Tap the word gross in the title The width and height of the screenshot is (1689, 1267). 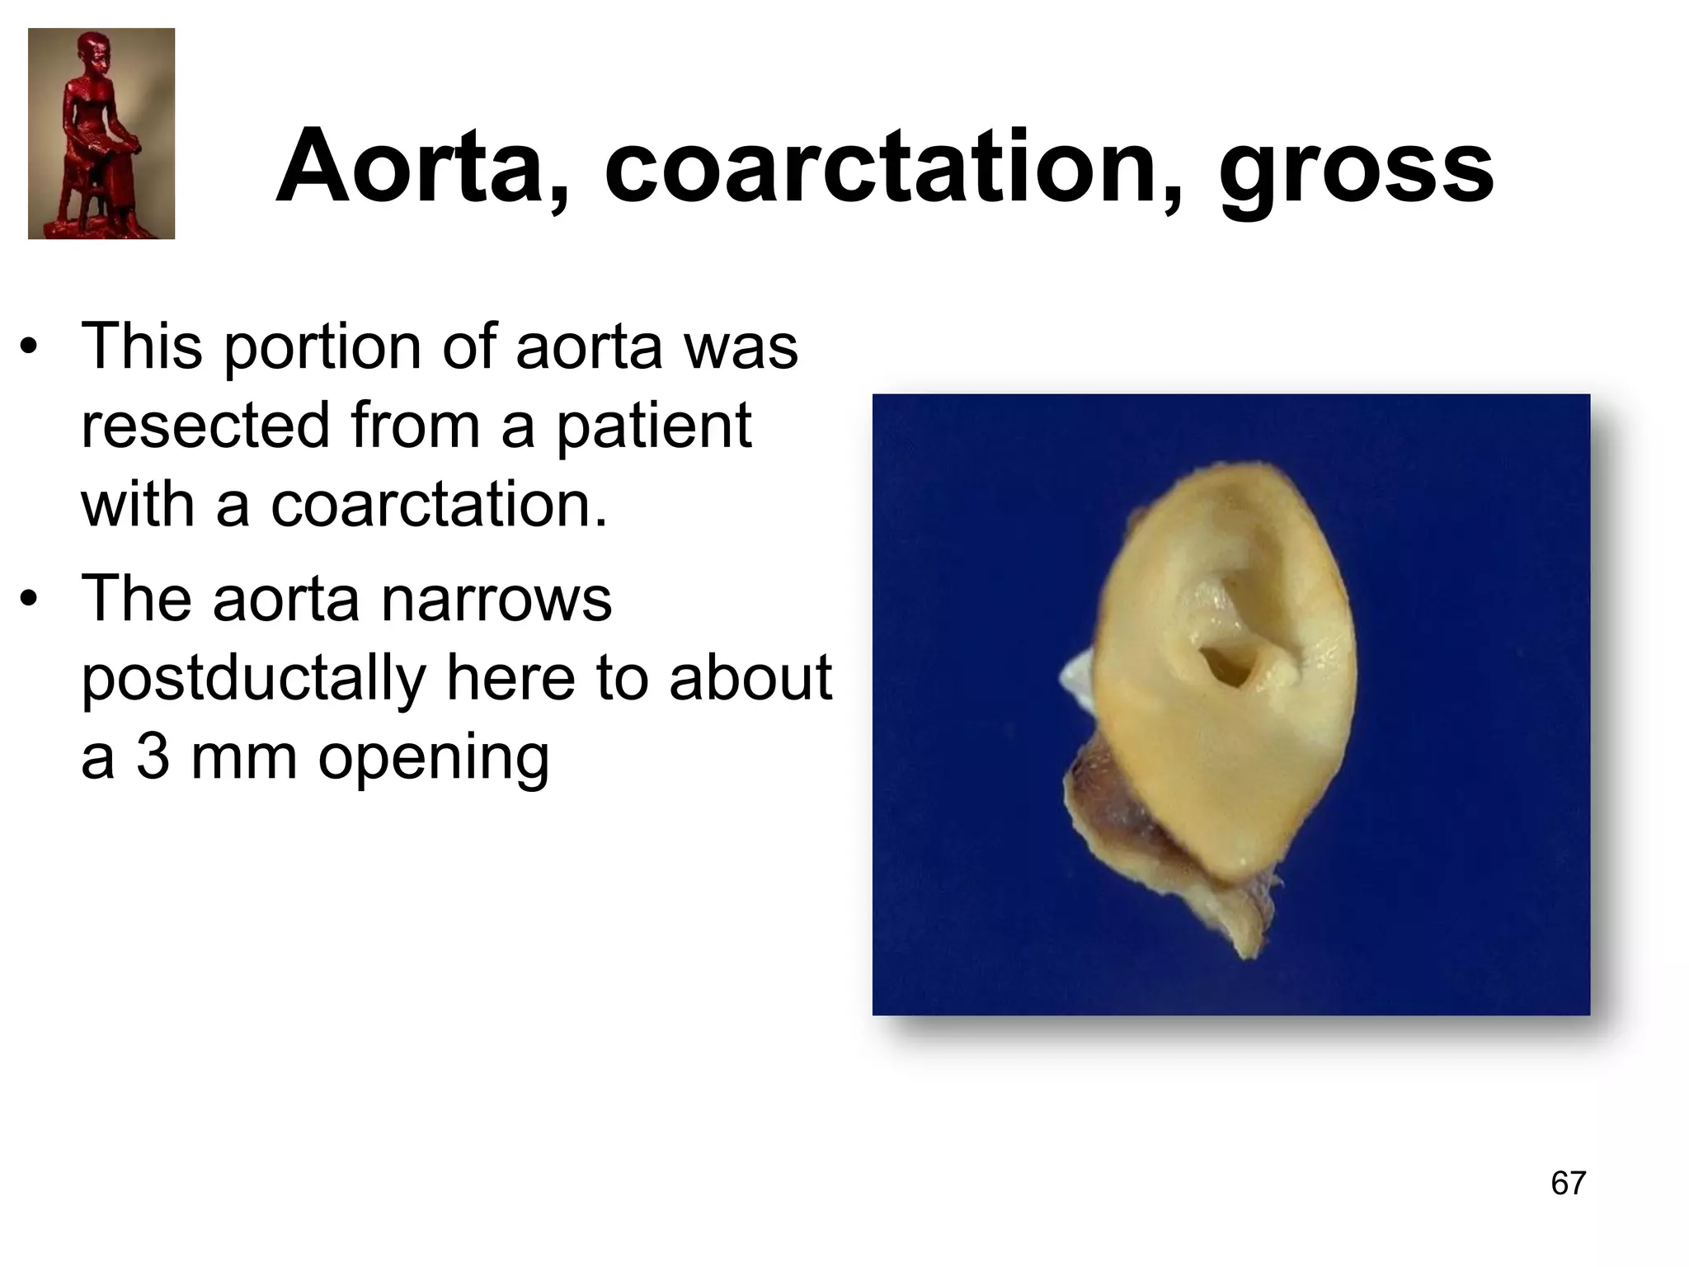(x=1356, y=167)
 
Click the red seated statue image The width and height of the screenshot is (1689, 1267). (x=101, y=134)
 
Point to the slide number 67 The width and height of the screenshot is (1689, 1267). (x=1568, y=1183)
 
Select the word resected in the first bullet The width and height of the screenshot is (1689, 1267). (x=205, y=426)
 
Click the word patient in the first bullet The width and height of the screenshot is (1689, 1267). (x=653, y=426)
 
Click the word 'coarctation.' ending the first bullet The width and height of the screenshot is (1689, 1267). (x=438, y=505)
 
